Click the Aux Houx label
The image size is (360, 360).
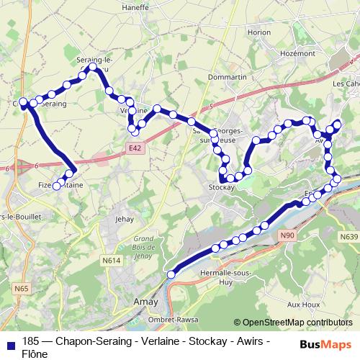click(305, 305)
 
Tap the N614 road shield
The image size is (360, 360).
click(111, 260)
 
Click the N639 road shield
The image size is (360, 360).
click(348, 236)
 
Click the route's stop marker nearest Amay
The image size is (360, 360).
click(171, 274)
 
